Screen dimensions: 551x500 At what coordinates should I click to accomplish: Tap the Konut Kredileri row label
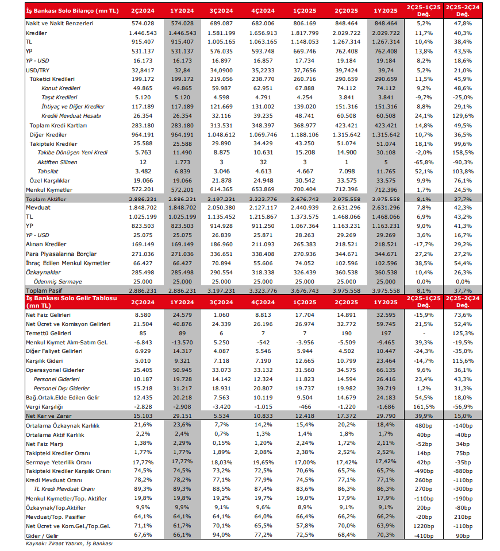61,88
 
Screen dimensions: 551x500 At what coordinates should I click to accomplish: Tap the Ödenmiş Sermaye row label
57,282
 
